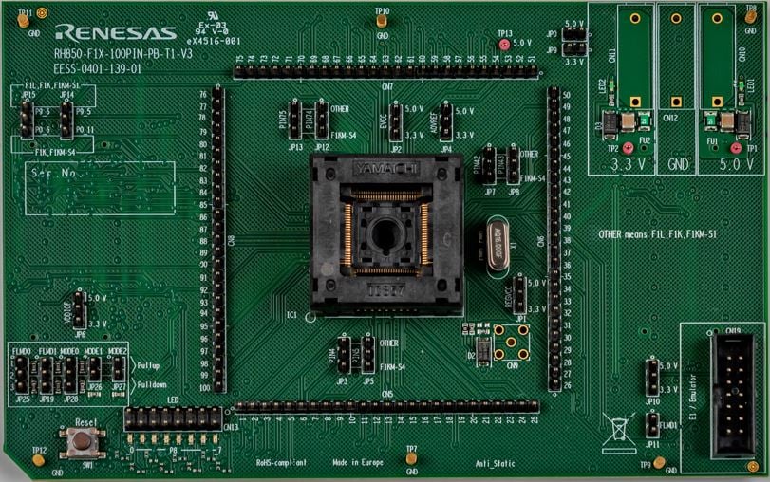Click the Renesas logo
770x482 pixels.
(x=116, y=33)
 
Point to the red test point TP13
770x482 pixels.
(x=504, y=44)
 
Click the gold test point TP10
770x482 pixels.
(x=381, y=21)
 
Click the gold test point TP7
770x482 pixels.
(x=411, y=458)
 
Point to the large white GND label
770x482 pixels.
(x=677, y=163)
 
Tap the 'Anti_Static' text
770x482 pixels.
(x=495, y=463)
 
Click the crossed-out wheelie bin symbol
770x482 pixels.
(x=617, y=434)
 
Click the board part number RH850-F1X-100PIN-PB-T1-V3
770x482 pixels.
(x=122, y=55)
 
